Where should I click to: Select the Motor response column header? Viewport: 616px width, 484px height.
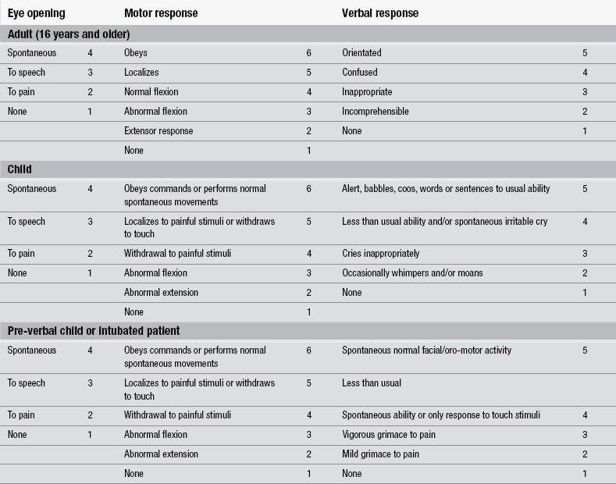161,13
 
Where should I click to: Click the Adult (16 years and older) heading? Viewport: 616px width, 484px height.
69,34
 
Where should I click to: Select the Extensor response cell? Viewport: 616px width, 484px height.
158,131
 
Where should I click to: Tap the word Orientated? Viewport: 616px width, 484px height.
361,53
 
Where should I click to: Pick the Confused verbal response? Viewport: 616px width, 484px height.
360,73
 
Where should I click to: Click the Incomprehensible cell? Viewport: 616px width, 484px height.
375,112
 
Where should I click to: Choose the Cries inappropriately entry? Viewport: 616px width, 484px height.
380,254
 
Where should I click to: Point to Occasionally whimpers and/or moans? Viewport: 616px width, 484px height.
412,273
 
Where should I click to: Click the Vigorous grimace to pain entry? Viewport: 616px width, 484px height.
389,435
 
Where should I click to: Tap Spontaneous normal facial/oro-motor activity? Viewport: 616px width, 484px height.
426,351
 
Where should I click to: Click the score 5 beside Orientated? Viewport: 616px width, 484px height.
585,53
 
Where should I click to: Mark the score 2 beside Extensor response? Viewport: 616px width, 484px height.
308,131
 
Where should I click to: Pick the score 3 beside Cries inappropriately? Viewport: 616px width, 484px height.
585,254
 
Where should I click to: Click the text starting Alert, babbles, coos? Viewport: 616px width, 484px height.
446,189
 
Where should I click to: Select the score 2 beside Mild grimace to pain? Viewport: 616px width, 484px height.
585,454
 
